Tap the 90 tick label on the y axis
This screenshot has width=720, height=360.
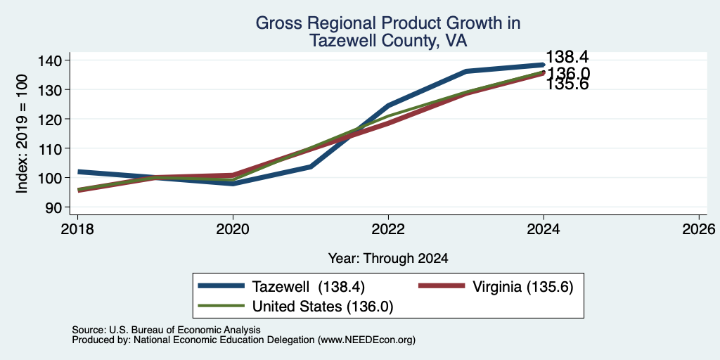[59, 207]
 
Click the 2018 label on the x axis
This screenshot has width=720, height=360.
[77, 229]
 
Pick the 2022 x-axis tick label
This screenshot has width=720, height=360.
[388, 229]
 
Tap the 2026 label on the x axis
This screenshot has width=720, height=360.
[699, 229]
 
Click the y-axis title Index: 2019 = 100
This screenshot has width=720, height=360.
[22, 134]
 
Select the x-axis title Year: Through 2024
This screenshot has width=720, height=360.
[388, 259]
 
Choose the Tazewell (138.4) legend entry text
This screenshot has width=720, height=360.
[309, 287]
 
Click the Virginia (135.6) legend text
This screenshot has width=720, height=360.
[522, 287]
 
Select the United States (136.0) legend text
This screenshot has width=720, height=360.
[323, 307]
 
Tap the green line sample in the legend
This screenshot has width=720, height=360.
[221, 306]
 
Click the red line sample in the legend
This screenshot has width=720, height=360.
[441, 285]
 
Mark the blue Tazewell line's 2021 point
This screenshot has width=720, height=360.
[311, 166]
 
